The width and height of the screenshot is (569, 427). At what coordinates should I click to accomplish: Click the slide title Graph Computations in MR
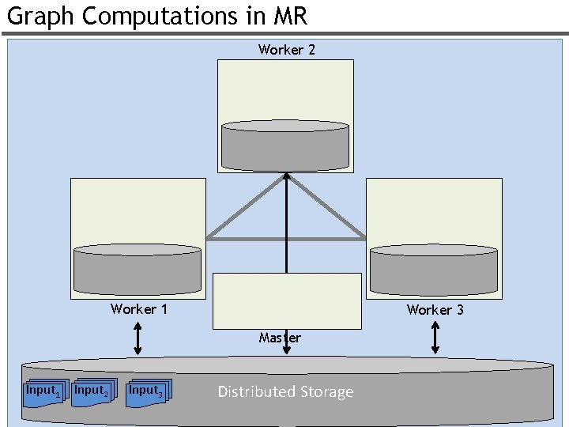pyautogui.click(x=156, y=16)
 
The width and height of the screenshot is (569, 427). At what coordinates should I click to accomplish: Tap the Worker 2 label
pyautogui.click(x=286, y=50)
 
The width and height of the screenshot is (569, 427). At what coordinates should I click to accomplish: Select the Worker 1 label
pyautogui.click(x=139, y=309)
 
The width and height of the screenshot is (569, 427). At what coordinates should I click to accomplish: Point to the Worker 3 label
pyautogui.click(x=435, y=310)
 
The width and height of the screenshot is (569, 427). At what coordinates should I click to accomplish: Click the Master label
pyautogui.click(x=280, y=338)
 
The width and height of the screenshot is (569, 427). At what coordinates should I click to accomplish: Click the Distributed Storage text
pyautogui.click(x=285, y=392)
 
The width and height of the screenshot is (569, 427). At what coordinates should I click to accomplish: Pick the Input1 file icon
pyautogui.click(x=41, y=391)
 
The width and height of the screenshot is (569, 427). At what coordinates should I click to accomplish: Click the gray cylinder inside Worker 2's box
pyautogui.click(x=285, y=146)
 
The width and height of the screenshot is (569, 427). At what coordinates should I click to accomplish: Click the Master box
pyautogui.click(x=287, y=300)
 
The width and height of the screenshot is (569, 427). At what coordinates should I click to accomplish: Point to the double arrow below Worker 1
pyautogui.click(x=138, y=338)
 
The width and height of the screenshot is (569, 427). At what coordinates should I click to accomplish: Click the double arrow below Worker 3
pyautogui.click(x=435, y=338)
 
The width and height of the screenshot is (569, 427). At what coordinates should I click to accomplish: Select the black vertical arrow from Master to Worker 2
pyautogui.click(x=286, y=229)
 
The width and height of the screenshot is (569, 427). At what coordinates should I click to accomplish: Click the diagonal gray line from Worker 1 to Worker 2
pyautogui.click(x=245, y=207)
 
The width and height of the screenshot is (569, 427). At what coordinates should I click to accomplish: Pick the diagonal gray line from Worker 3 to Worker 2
pyautogui.click(x=326, y=206)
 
